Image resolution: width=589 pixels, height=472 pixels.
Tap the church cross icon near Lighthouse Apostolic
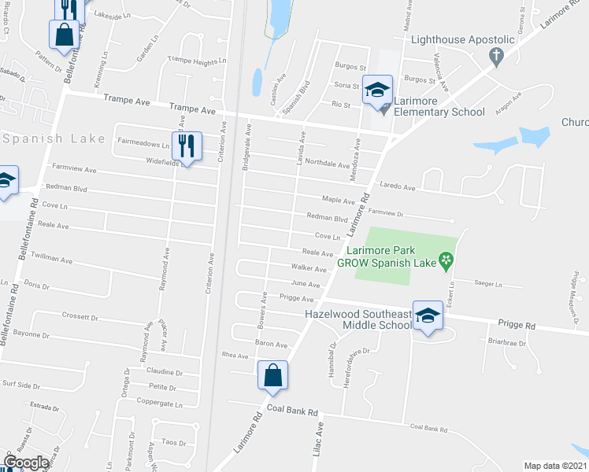[496, 56]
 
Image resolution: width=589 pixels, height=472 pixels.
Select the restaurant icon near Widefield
[187, 146]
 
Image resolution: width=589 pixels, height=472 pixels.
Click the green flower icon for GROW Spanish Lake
[446, 259]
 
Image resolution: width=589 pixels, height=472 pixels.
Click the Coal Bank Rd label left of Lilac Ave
[291, 411]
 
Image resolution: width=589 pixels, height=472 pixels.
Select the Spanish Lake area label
[53, 139]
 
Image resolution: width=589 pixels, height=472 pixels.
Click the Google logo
[27, 463]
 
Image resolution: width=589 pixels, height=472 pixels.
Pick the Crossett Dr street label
[80, 318]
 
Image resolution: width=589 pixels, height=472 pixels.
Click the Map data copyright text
[556, 466]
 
